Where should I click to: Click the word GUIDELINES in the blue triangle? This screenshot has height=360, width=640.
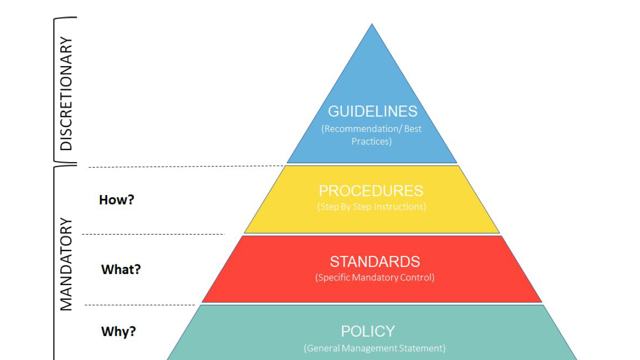click(372, 111)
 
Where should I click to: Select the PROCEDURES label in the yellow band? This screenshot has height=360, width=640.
click(371, 191)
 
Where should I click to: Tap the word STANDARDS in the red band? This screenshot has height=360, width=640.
click(375, 261)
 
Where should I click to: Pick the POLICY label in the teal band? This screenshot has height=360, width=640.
click(368, 331)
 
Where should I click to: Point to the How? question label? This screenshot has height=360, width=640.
click(116, 199)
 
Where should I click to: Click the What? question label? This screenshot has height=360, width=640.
click(121, 269)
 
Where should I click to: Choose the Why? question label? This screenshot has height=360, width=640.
click(118, 331)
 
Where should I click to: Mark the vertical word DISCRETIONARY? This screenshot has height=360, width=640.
click(66, 93)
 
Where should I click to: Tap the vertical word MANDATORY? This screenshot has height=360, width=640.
click(66, 264)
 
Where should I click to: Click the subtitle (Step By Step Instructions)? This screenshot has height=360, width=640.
click(371, 206)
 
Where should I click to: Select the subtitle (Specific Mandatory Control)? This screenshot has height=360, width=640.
click(375, 277)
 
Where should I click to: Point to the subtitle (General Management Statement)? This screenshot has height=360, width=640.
click(374, 348)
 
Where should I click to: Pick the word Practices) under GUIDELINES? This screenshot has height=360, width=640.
click(371, 141)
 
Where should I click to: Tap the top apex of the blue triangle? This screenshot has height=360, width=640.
click(371, 24)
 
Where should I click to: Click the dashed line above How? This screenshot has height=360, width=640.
click(186, 166)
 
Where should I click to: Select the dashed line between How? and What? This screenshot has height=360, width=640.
click(153, 234)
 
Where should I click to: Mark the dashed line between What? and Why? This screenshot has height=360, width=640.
click(140, 305)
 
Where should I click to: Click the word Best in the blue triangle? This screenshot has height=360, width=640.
click(413, 129)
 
